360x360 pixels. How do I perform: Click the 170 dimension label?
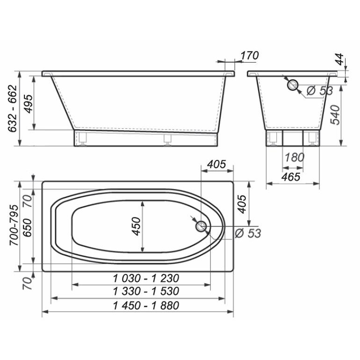tap(250, 56)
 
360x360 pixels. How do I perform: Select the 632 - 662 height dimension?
tap(13, 108)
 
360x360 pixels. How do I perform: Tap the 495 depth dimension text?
tap(29, 104)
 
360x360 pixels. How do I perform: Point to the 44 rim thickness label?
tap(339, 59)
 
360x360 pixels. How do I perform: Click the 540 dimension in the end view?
tap(335, 115)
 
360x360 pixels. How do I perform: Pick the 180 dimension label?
tap(295, 158)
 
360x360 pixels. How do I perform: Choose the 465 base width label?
tap(291, 177)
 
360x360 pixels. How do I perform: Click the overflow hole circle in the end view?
tap(293, 85)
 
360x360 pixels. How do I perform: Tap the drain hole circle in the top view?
tap(201, 226)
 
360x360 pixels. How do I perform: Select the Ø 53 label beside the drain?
tap(248, 233)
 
